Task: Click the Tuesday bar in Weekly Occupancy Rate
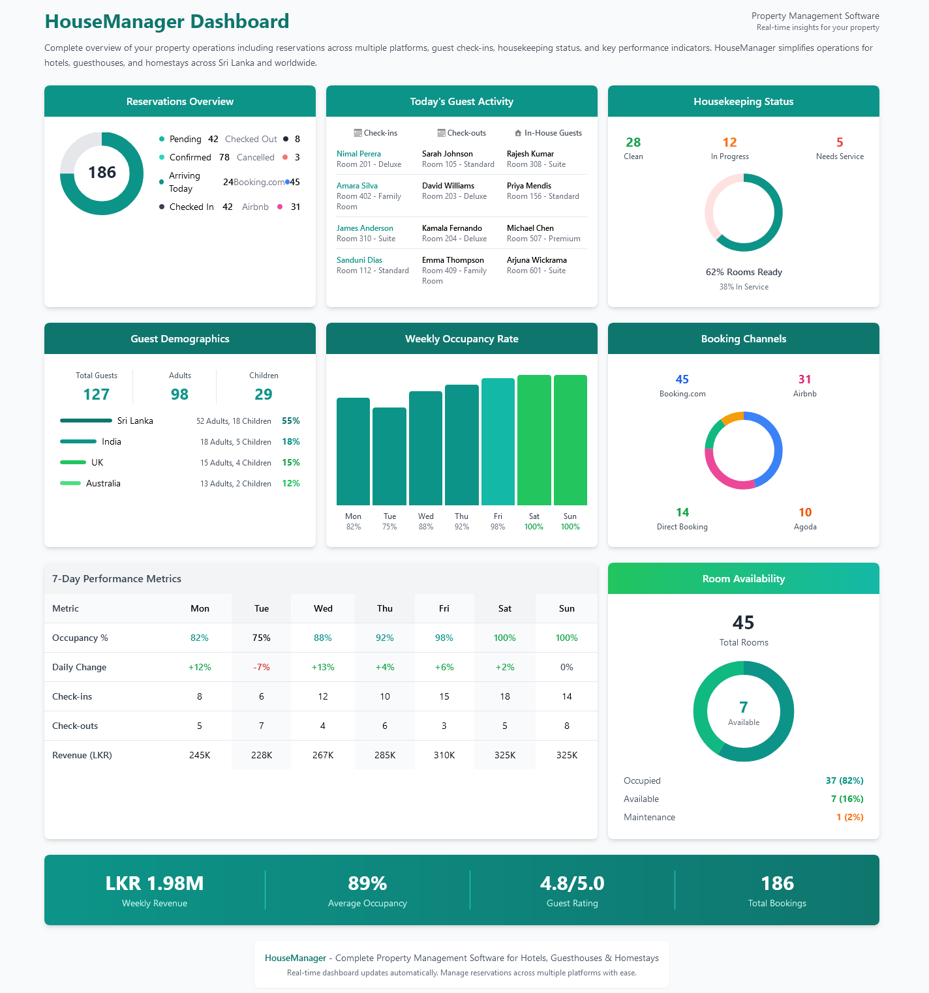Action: coord(389,456)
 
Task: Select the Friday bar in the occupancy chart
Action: coord(498,442)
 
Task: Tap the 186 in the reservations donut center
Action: coord(102,173)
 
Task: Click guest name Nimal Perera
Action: coord(359,154)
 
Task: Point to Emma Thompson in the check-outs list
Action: coord(453,260)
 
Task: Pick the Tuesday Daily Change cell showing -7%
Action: coord(261,667)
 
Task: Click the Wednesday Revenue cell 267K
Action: coord(323,755)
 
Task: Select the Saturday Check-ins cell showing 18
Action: coord(505,696)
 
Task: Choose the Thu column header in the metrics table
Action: coord(385,608)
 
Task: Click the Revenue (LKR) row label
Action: coord(82,755)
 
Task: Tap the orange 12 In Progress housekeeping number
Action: coord(729,142)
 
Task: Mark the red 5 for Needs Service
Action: coord(840,142)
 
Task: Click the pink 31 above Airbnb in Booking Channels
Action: coord(804,379)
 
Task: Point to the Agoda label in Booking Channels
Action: coord(805,527)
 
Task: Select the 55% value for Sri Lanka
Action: coord(290,421)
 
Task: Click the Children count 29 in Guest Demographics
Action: coord(264,394)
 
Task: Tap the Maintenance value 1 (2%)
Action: coord(849,817)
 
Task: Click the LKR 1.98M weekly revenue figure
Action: coord(155,883)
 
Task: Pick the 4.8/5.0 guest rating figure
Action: coord(572,883)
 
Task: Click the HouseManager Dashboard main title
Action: coord(167,22)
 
